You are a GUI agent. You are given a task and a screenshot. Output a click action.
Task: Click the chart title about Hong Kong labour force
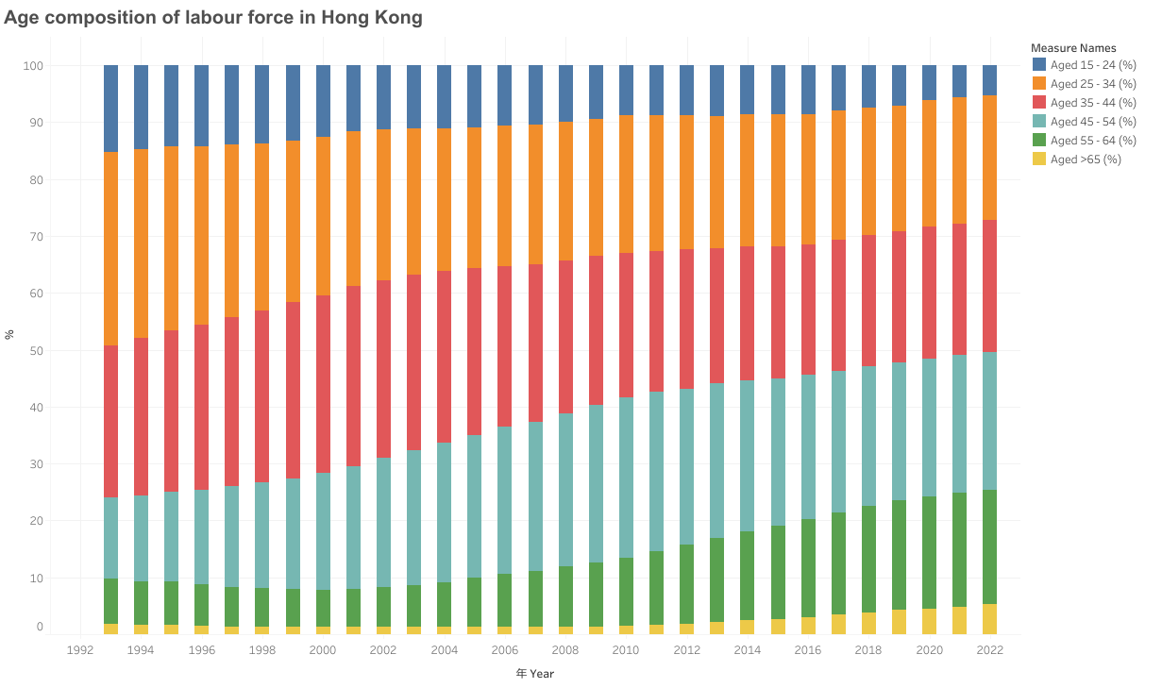213,18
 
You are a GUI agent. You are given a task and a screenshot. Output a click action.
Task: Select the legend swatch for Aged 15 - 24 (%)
1039,64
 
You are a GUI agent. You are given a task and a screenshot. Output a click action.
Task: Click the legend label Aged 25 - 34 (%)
1093,83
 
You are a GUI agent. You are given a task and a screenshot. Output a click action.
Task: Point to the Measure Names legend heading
1073,48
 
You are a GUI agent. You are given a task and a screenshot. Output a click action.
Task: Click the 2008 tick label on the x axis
564,650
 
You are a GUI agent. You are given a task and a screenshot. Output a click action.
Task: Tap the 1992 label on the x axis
80,650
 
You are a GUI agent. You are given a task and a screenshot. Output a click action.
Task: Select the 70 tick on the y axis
36,237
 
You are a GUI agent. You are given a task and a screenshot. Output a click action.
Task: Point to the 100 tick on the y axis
33,66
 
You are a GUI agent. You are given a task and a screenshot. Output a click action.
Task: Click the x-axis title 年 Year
535,674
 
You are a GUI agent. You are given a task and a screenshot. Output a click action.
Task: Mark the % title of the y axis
8,335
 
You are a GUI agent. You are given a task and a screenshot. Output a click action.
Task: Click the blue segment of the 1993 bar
111,109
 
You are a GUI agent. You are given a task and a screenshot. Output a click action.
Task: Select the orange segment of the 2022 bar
990,158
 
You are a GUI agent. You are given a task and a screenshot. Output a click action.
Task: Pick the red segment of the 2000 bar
323,384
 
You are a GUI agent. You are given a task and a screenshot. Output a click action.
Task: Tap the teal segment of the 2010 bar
626,478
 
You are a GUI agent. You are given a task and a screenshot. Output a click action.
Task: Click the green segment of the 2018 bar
869,560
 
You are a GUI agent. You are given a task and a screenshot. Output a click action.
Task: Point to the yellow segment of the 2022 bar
990,619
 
